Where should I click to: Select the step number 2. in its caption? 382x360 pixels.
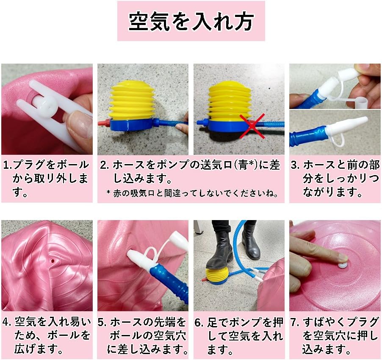(105, 165)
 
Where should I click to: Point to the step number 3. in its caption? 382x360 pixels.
(296, 165)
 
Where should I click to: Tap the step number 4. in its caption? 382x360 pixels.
(8, 322)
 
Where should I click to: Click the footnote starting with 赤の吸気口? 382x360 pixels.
(193, 193)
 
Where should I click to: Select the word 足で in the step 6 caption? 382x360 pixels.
(217, 322)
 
